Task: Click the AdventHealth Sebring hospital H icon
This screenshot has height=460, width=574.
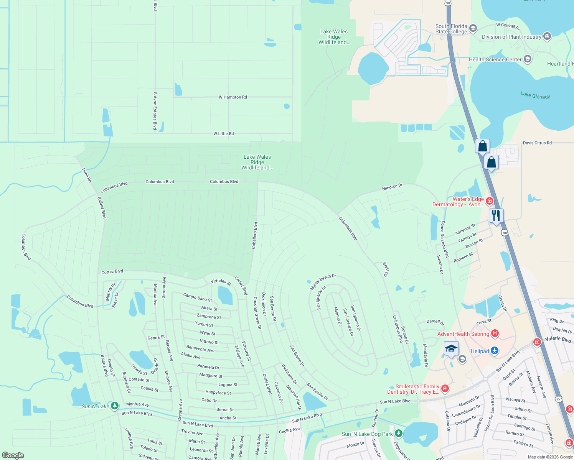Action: click(495, 333)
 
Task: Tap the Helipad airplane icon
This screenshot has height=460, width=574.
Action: click(495, 351)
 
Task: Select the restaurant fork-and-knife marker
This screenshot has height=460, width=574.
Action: click(496, 216)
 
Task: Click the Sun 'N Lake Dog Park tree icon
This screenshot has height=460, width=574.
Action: click(399, 434)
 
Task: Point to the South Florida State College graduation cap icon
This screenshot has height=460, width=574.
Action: click(473, 28)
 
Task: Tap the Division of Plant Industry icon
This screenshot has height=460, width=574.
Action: click(547, 36)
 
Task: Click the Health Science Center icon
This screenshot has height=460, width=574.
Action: click(528, 59)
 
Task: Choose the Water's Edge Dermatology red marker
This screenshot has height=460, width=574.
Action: click(489, 201)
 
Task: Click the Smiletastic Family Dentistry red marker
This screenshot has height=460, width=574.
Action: click(445, 389)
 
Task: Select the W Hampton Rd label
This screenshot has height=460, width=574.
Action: click(233, 97)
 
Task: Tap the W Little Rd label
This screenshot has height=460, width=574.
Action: click(224, 134)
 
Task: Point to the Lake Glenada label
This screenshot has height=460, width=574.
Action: click(535, 95)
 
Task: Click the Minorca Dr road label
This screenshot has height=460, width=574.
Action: click(392, 187)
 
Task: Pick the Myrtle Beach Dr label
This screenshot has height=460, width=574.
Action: click(323, 282)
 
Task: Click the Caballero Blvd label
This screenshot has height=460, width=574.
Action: click(254, 235)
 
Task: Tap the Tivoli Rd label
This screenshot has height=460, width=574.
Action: click(87, 175)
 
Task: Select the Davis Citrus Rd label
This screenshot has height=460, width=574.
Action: click(537, 143)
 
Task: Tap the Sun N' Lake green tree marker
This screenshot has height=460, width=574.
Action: click(114, 406)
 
